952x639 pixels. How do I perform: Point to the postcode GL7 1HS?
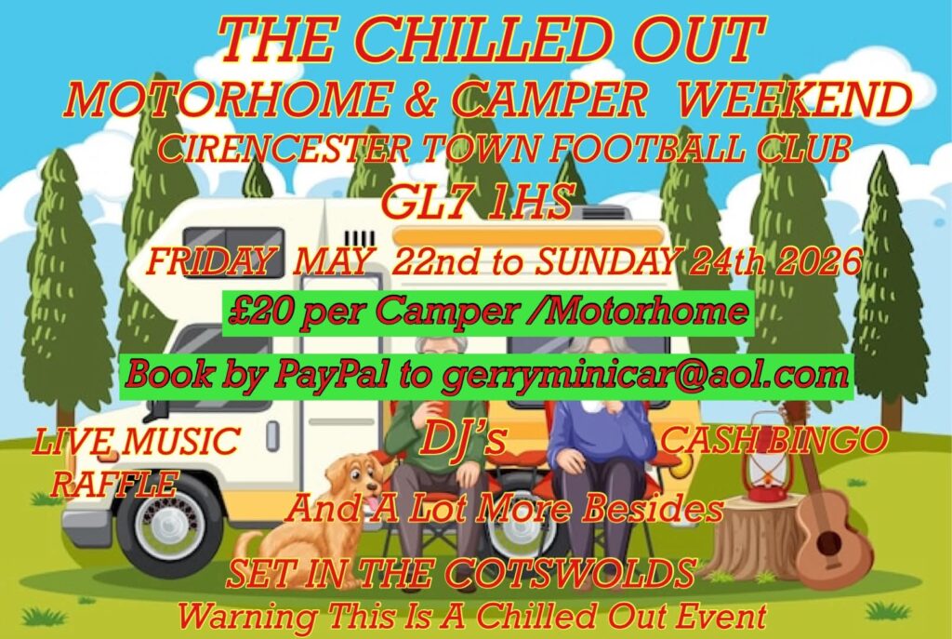[x=477, y=202]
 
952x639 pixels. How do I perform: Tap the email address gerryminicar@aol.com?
[x=645, y=375]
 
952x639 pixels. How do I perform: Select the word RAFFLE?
[x=113, y=483]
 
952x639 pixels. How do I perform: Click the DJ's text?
[x=463, y=439]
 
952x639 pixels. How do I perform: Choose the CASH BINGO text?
[x=773, y=439]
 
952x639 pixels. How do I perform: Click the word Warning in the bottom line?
[x=246, y=616]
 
